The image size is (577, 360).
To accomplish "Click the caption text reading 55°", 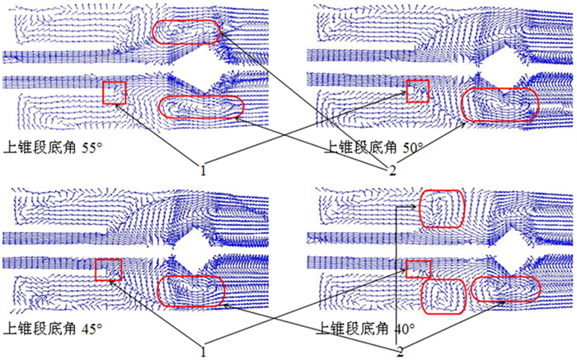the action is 91,147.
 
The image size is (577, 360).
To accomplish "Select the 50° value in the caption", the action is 412,147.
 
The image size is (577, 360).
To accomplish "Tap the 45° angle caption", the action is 91,329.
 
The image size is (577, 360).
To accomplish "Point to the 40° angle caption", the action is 405,329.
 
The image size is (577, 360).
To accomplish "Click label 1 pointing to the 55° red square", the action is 203,171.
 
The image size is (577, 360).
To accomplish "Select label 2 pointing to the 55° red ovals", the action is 392,171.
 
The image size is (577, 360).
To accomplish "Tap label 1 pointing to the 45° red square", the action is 203,352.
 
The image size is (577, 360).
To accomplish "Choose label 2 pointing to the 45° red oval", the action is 400,352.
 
